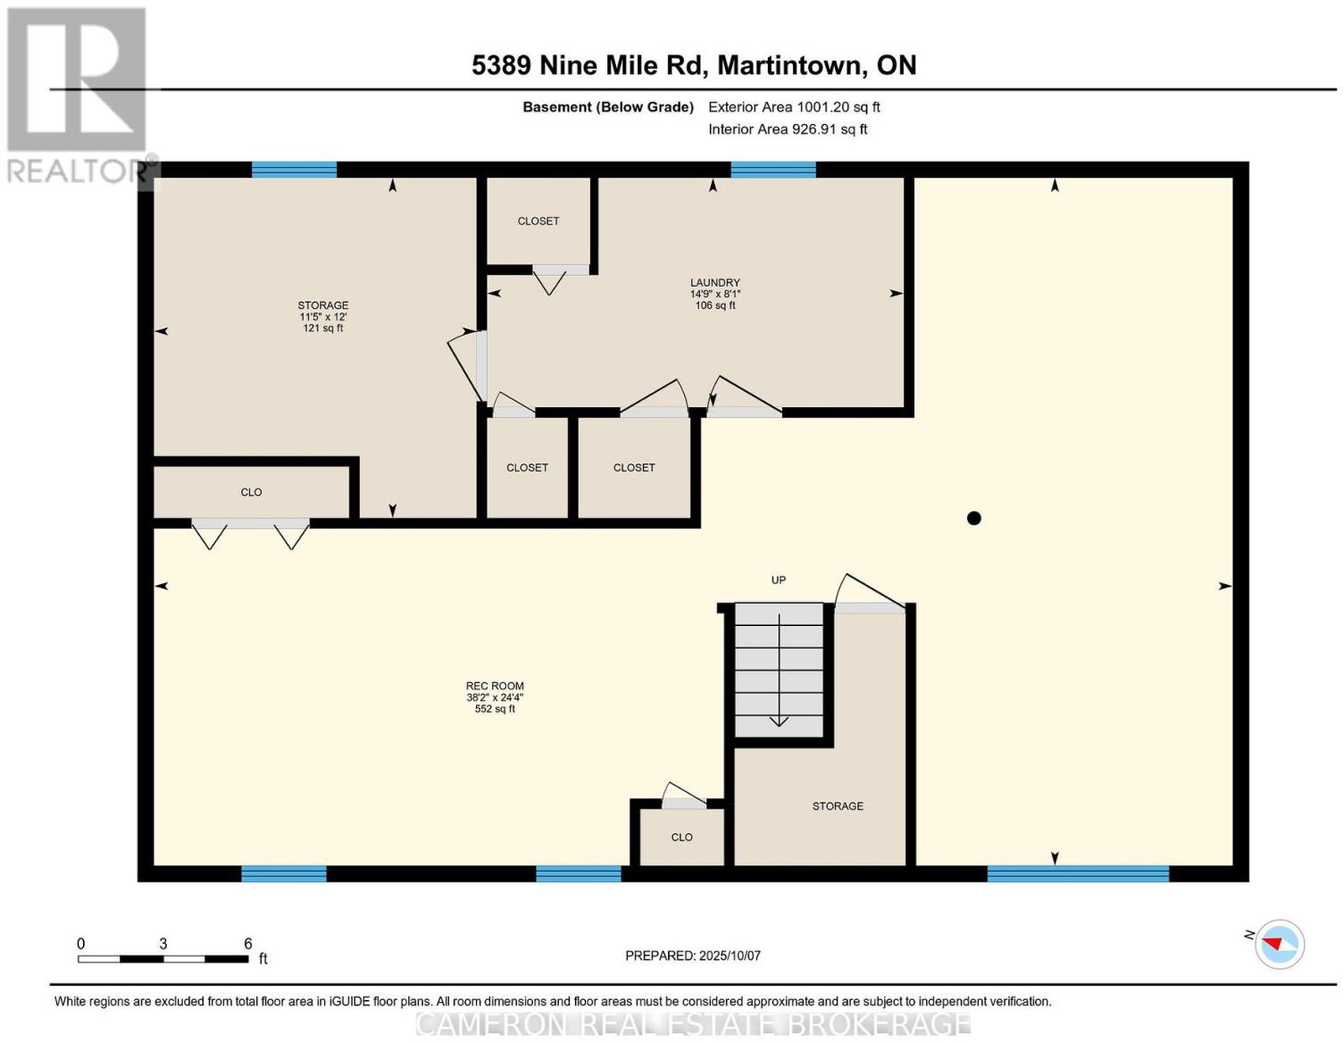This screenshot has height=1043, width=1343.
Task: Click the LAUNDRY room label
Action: (714, 282)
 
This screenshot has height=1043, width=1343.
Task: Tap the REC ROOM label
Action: (494, 686)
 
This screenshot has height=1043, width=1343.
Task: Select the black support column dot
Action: (974, 518)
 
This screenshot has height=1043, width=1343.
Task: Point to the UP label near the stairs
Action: (778, 580)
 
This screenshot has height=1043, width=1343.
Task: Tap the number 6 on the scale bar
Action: (248, 943)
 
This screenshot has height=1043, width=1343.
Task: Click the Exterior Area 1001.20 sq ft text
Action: (793, 107)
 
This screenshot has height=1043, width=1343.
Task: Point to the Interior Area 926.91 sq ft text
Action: (787, 129)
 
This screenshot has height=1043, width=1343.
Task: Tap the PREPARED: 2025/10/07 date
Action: (692, 955)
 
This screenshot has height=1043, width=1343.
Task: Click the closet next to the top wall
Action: (538, 221)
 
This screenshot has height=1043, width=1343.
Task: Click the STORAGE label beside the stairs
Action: (838, 806)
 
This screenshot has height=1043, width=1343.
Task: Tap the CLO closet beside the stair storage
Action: (681, 837)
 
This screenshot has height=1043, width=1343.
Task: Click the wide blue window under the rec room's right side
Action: (1078, 874)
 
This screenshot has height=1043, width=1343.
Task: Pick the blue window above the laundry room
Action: (773, 169)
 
